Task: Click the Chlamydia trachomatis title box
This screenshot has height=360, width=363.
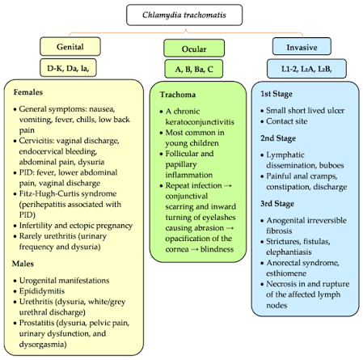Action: (x=184, y=15)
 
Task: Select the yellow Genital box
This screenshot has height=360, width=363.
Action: (x=70, y=47)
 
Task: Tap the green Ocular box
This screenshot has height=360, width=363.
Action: (x=194, y=49)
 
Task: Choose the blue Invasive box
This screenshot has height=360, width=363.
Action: (x=302, y=47)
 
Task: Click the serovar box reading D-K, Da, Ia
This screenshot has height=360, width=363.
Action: (x=68, y=68)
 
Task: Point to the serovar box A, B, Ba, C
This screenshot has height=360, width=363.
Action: (x=194, y=69)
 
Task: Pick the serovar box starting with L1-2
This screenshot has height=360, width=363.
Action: (x=306, y=69)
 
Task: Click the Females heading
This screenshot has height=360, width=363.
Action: (x=28, y=92)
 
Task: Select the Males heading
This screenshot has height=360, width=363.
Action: (x=23, y=264)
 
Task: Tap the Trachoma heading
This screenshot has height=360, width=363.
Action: (x=178, y=95)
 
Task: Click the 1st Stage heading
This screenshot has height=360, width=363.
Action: (x=276, y=94)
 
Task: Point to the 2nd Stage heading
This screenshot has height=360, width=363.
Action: (x=278, y=138)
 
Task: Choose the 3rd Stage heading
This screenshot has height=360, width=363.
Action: (x=277, y=204)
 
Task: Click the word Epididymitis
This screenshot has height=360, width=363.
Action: (x=42, y=291)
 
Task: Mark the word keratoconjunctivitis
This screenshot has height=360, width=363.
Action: (x=200, y=122)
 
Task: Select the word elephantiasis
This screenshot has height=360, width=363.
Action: (x=289, y=252)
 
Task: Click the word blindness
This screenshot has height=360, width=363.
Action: (x=217, y=249)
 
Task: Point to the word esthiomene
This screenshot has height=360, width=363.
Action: (x=286, y=273)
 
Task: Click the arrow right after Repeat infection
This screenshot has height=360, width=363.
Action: (x=228, y=186)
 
